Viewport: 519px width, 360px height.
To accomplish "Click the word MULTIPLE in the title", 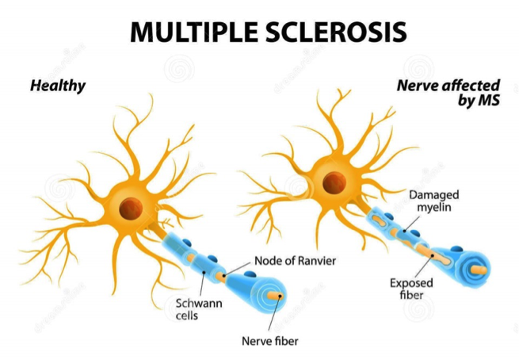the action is click(194, 32).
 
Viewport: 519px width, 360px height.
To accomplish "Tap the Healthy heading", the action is click(58, 86).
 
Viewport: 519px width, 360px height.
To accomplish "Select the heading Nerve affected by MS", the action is click(448, 93).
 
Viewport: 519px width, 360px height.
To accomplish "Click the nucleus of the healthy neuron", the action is click(131, 209).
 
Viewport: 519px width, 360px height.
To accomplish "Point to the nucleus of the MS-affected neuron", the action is click(334, 183).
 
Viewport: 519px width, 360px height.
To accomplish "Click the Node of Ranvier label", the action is click(296, 261).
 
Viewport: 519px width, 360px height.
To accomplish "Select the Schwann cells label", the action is click(199, 309).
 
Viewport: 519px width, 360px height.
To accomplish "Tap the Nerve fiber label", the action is click(270, 341).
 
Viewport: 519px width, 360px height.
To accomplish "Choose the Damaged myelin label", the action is click(434, 201).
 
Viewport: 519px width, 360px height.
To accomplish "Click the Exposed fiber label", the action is click(411, 289).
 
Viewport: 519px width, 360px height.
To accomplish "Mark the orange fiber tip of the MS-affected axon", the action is click(479, 270).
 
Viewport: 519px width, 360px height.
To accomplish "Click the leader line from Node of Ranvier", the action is click(238, 269).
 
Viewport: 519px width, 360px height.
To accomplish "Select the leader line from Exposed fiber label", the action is click(424, 266).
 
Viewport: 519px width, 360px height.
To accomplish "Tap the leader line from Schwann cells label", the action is click(201, 285).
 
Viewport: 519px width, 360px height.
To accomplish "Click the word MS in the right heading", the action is click(490, 101).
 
